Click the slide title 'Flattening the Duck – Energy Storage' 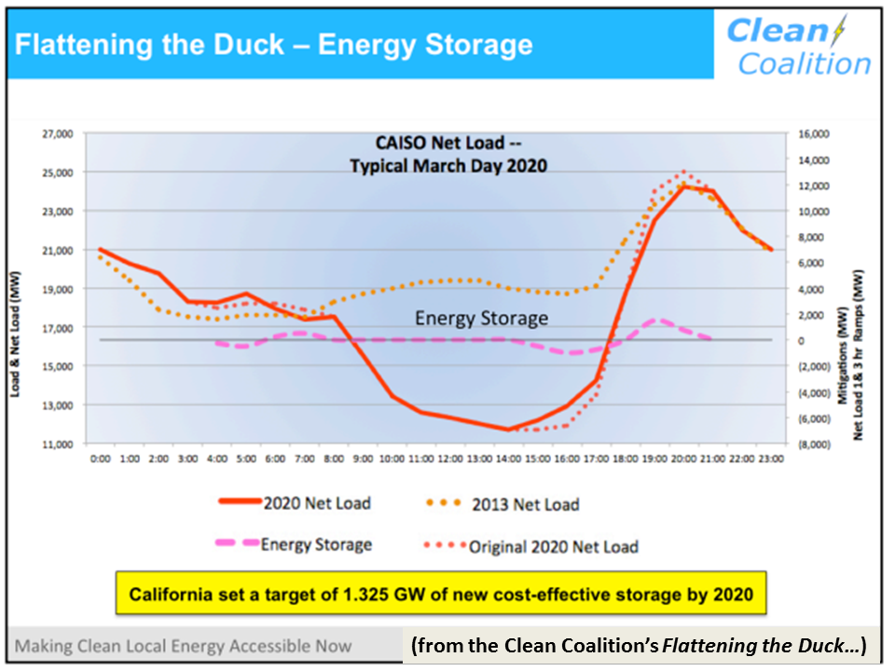pos(274,45)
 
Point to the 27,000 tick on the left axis pos(58,134)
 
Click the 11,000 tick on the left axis pos(58,445)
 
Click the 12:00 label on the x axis pos(450,459)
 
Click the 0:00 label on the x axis pos(101,459)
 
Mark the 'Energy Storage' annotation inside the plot pos(481,318)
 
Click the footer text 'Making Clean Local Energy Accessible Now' pos(184,645)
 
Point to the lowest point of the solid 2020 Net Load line pos(508,430)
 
